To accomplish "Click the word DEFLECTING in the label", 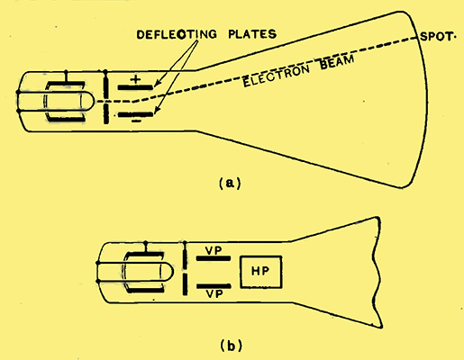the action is (177, 34).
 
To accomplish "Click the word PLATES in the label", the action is (252, 34).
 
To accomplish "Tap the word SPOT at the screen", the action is (436, 37).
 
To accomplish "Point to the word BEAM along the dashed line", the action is (337, 62).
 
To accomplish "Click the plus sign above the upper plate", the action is (135, 79).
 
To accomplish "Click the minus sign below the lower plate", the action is (136, 121).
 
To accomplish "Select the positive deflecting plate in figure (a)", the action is (135, 87).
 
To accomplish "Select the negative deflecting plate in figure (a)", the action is (135, 114).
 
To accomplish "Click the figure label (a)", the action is (230, 183).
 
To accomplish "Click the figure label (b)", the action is (231, 346).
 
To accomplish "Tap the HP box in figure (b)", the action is (261, 272).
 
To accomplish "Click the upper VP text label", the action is (214, 250).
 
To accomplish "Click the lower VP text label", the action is (214, 294).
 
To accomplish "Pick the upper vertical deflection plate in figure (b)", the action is (214, 258).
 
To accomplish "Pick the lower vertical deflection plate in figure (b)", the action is (214, 286).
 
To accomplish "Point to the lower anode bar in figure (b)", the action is (185, 284).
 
